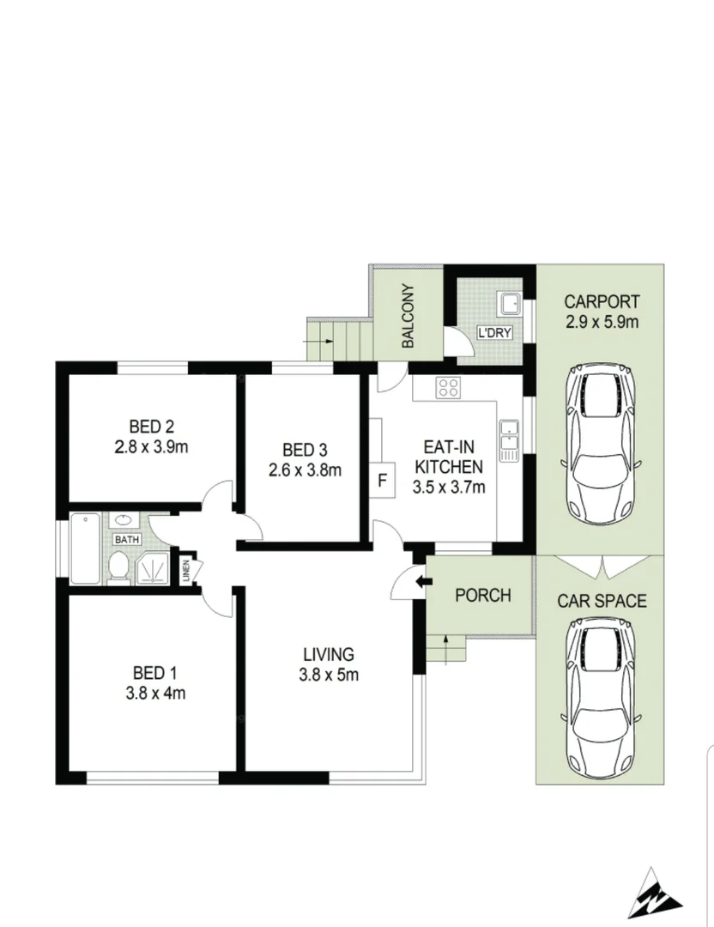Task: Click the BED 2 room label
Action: (x=152, y=426)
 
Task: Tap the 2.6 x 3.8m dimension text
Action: (x=305, y=470)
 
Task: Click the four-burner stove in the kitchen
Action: (x=448, y=388)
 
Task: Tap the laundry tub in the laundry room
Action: (x=510, y=303)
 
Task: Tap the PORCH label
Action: (x=482, y=595)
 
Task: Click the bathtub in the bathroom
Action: (x=86, y=548)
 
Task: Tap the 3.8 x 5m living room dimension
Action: (x=329, y=675)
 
